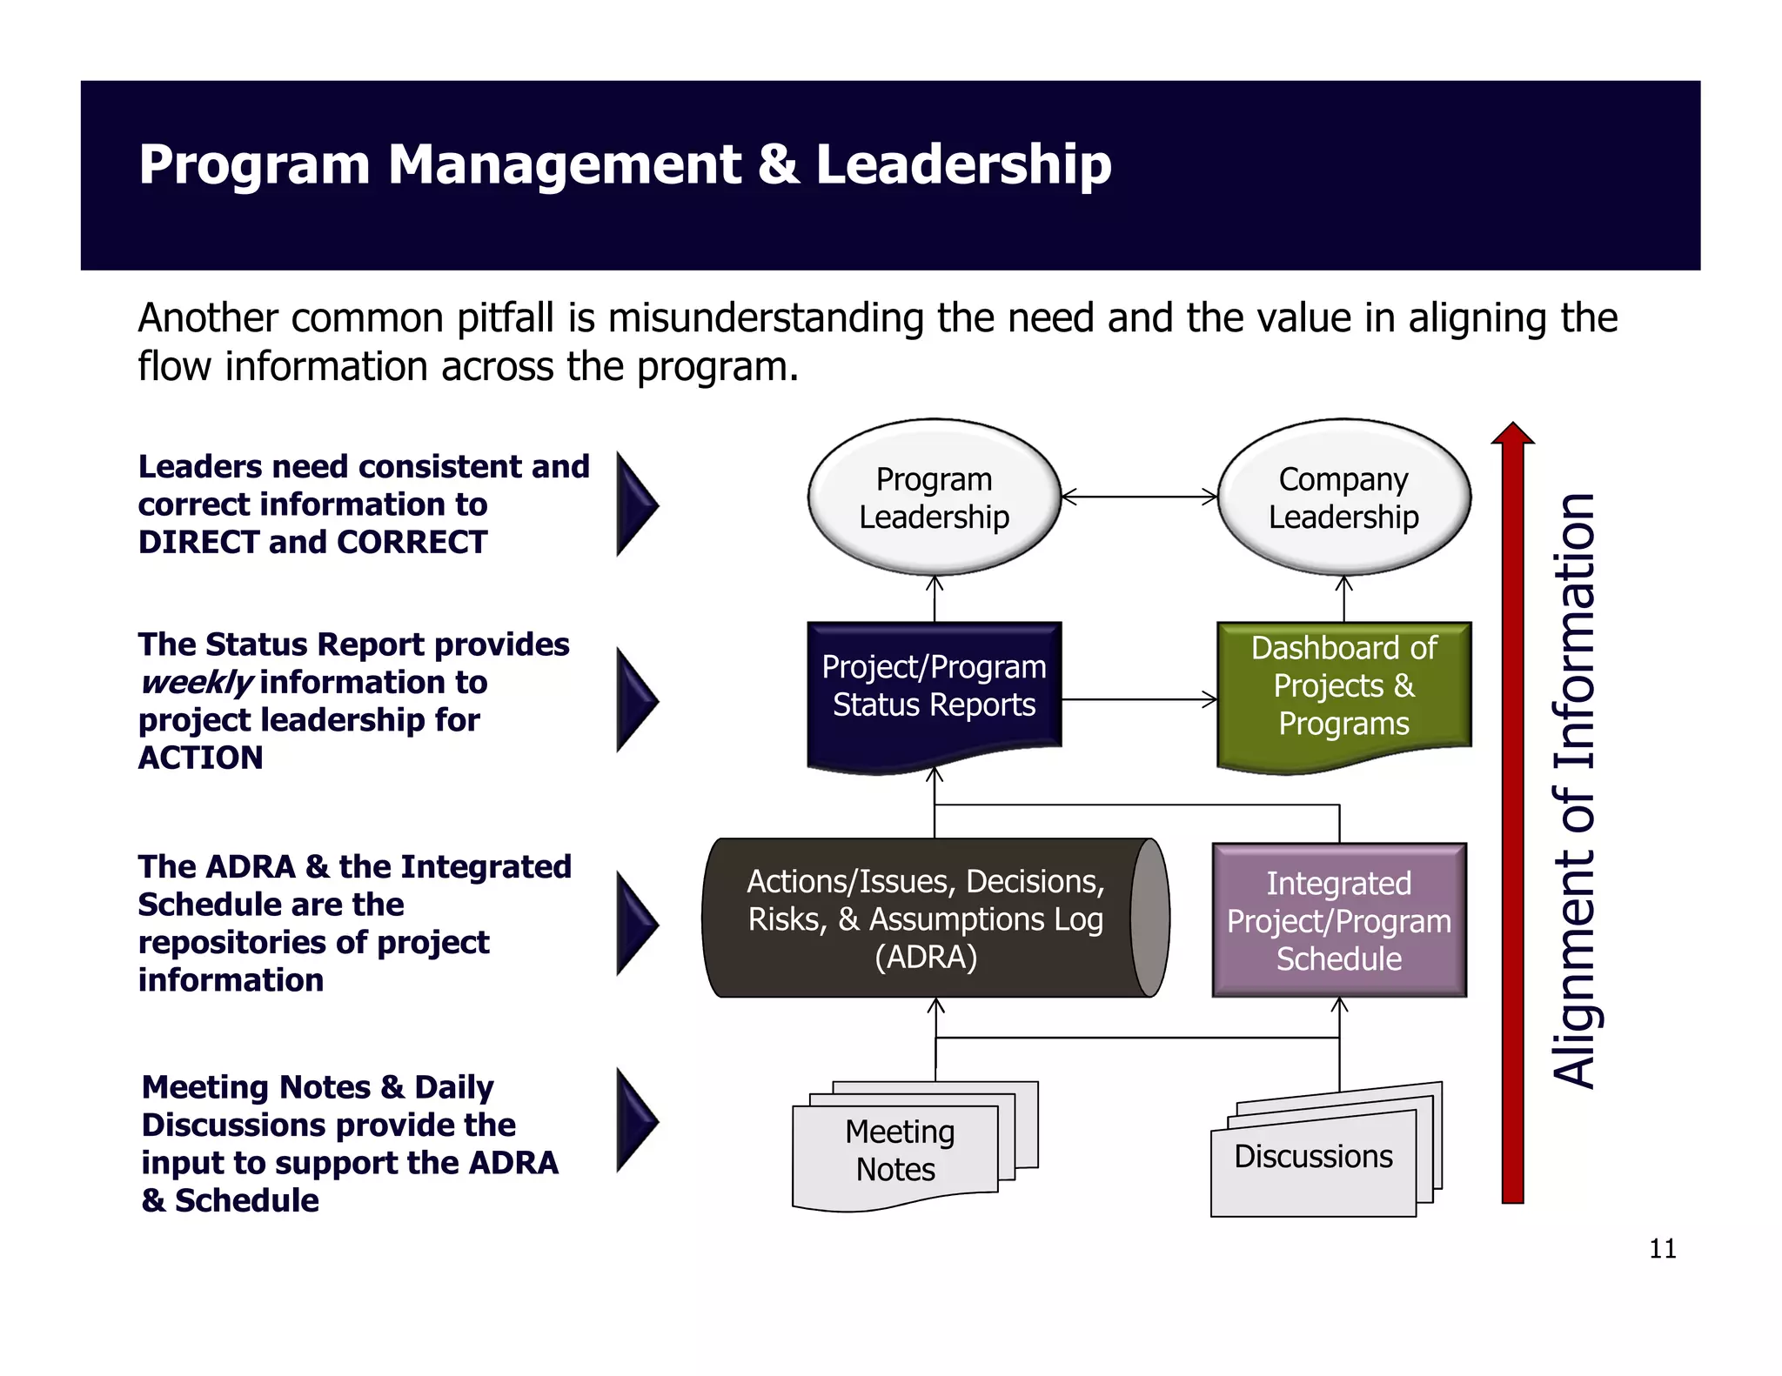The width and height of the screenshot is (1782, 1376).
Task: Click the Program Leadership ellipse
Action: click(934, 498)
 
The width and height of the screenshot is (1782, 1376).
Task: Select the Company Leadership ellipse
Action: click(1343, 498)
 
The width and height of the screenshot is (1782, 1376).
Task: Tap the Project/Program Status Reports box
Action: click(934, 687)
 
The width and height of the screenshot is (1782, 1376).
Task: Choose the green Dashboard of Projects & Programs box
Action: click(1343, 687)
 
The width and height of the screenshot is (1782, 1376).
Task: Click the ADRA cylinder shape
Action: click(926, 918)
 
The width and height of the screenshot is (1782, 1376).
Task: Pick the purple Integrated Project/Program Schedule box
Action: click(1339, 920)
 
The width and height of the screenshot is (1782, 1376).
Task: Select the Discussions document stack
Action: click(1313, 1157)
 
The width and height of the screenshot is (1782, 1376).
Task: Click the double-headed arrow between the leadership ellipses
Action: click(1139, 497)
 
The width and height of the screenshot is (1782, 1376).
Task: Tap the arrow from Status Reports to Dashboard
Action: click(1139, 699)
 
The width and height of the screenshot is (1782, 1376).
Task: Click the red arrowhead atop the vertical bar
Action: click(1512, 434)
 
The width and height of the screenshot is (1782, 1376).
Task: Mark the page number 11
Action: click(1662, 1249)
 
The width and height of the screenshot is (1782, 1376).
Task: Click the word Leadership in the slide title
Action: click(963, 164)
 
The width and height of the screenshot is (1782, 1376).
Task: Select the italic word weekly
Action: click(197, 683)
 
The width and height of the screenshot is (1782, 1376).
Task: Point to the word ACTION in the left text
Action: click(200, 758)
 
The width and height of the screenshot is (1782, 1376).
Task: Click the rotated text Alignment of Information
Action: click(1574, 792)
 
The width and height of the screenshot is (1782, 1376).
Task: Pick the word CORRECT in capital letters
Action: click(412, 542)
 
